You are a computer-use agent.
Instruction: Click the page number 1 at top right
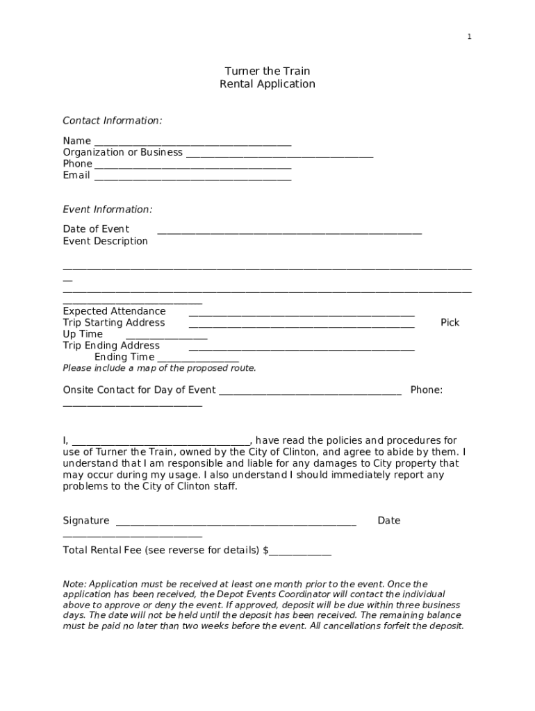[469, 37]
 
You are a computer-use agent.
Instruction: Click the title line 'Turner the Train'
[267, 71]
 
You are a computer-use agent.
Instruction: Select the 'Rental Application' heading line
[267, 84]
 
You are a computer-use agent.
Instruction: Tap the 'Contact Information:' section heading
[113, 121]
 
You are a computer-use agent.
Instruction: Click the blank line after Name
[193, 142]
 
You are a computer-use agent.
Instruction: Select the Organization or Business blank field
[279, 153]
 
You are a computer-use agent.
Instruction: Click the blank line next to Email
[192, 176]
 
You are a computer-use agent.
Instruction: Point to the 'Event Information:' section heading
[108, 210]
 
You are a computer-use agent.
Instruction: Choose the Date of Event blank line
[289, 231]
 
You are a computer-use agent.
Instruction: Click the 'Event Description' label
[106, 241]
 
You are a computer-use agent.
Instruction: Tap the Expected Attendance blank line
[302, 312]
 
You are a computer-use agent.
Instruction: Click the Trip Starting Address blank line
[302, 324]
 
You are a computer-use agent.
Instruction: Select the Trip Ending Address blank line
[302, 346]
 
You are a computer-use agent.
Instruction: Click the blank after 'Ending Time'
[198, 358]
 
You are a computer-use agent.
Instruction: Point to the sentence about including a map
[159, 368]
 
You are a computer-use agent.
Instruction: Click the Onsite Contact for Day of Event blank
[310, 392]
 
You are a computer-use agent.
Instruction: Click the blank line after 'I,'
[160, 442]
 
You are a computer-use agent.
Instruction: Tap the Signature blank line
[236, 522]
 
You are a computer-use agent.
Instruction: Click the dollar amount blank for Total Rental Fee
[300, 552]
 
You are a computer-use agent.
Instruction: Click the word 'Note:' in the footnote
[75, 584]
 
